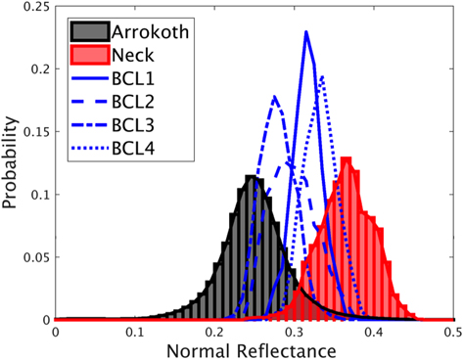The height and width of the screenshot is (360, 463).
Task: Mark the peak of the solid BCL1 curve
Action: point(306,32)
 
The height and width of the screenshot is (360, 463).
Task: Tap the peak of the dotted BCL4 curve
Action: point(322,76)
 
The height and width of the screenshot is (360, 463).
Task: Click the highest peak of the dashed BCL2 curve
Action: point(275,96)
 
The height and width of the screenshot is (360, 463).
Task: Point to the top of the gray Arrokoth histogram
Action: point(253,177)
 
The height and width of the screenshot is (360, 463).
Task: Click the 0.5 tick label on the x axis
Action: point(451,333)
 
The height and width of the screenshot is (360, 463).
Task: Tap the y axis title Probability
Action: point(10,163)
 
